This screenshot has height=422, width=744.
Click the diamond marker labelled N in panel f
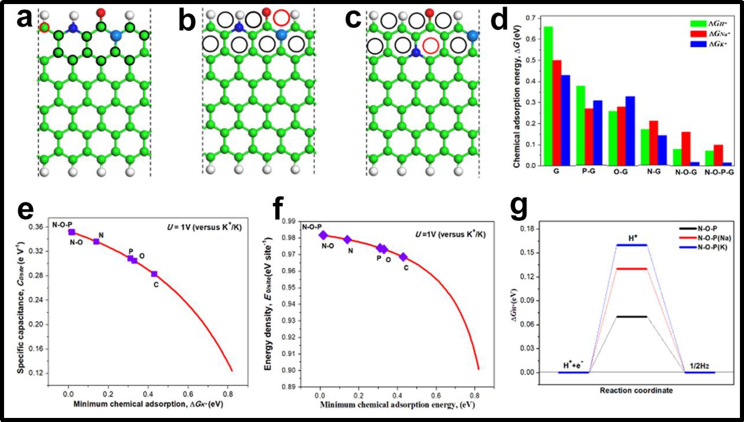(347, 239)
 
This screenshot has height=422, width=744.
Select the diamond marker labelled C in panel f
(404, 257)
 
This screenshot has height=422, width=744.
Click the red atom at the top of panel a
(101, 12)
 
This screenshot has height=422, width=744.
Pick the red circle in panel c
(430, 44)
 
